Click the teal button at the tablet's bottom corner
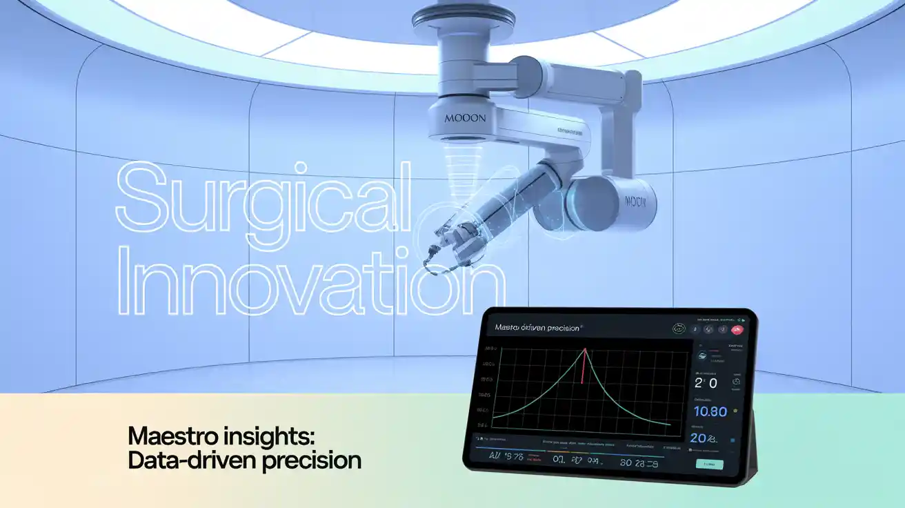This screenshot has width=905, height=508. coord(710,465)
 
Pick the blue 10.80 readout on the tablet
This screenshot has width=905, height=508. coord(710,411)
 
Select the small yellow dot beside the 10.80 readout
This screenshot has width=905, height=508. coord(735,411)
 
